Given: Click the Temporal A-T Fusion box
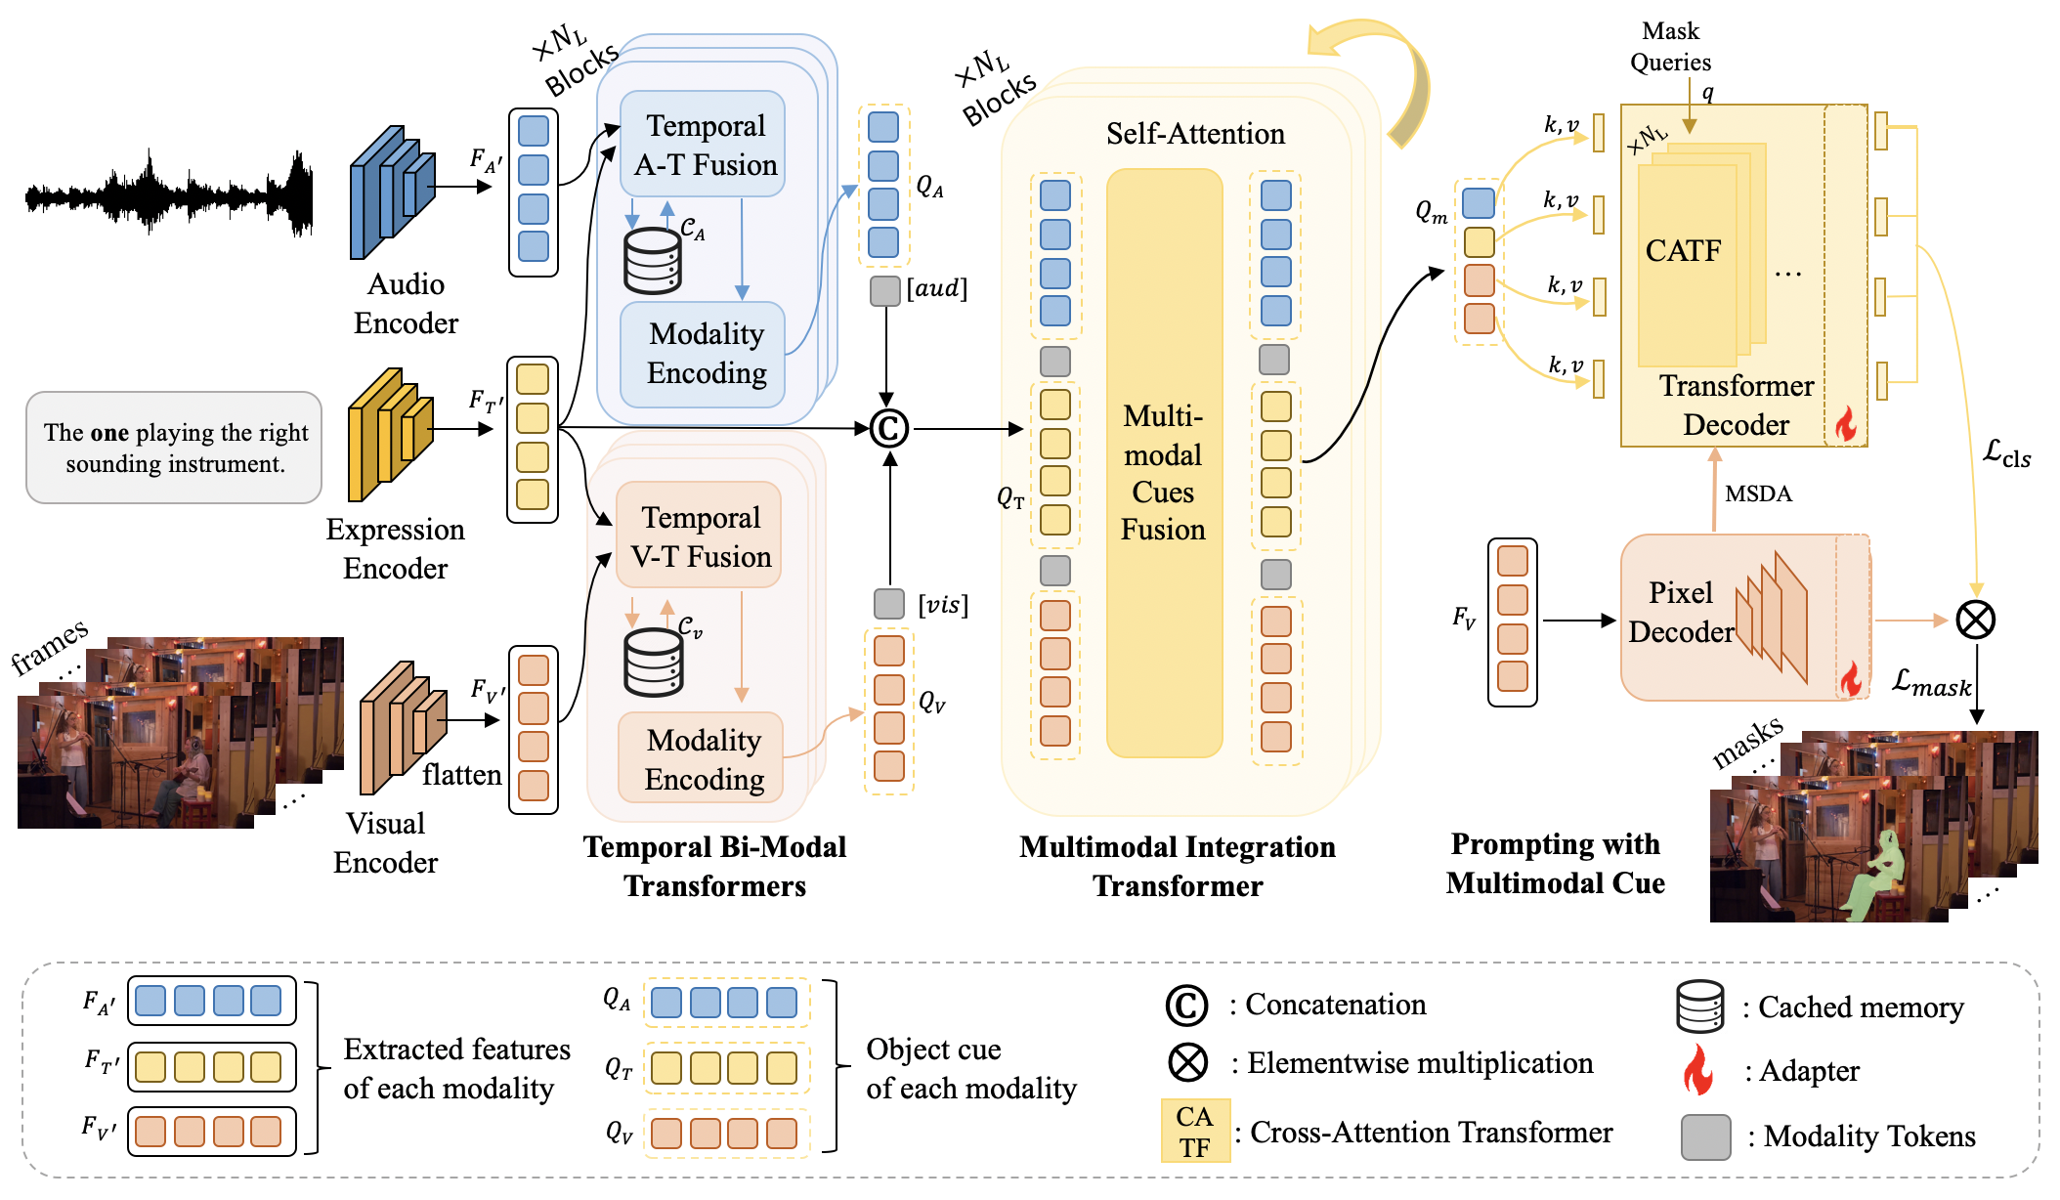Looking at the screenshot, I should click(703, 145).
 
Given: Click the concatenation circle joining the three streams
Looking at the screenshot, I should click(888, 428).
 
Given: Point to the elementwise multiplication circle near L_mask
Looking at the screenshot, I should click(1975, 620).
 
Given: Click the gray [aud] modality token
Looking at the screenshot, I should click(884, 290).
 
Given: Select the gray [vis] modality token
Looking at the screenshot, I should click(888, 604).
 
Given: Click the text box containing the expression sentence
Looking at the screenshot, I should click(174, 448).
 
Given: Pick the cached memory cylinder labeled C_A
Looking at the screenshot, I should click(653, 261).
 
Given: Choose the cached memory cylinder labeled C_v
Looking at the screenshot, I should click(654, 662).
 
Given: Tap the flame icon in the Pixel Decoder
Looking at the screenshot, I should click(1850, 677).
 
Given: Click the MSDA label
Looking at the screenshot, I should click(1758, 493).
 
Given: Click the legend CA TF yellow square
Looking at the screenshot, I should click(1194, 1131).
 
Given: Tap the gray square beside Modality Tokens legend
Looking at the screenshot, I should click(1705, 1136).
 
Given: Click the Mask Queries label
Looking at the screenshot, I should click(1670, 47).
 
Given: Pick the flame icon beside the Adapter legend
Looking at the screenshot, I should click(1698, 1070).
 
